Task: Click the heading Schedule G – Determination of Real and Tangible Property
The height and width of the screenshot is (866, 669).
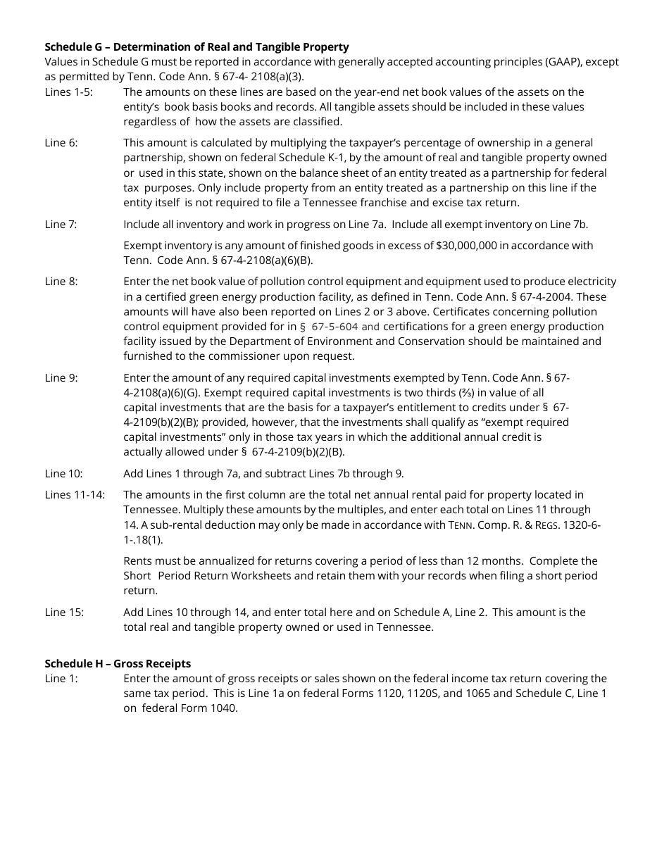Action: (x=196, y=47)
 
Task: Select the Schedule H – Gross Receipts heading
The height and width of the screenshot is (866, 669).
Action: (x=118, y=664)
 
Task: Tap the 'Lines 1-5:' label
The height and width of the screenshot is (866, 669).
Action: (x=68, y=92)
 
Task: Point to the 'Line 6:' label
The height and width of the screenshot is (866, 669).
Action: (x=61, y=143)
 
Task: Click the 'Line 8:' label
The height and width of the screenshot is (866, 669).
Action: (x=61, y=282)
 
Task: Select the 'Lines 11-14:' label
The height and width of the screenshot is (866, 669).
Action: (x=75, y=495)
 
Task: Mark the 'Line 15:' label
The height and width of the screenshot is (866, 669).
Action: (x=64, y=613)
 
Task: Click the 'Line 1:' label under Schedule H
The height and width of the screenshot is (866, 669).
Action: (x=61, y=679)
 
